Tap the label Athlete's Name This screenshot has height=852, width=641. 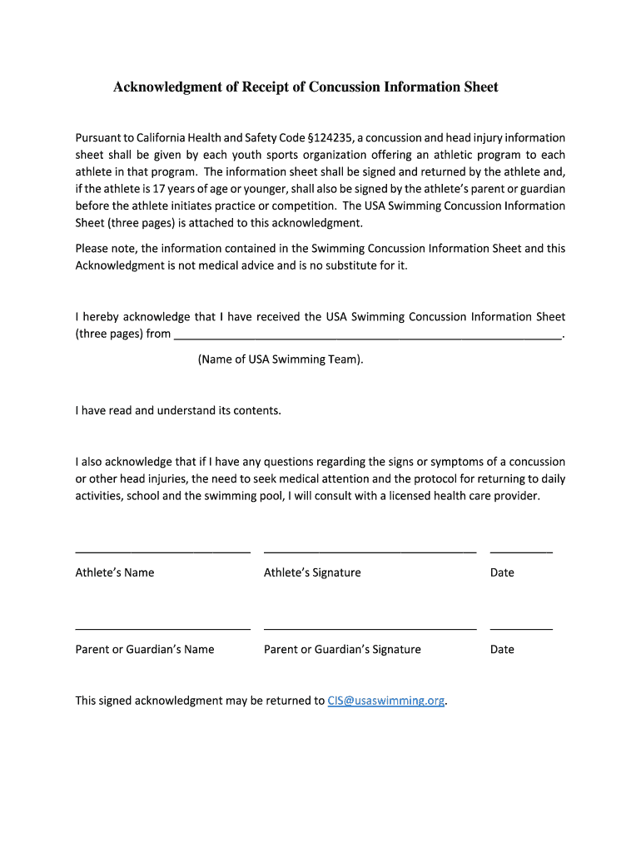pyautogui.click(x=115, y=572)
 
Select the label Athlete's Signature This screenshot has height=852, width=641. pyautogui.click(x=312, y=572)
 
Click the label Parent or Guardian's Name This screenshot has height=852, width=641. pyautogui.click(x=145, y=649)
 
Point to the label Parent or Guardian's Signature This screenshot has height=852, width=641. pyautogui.click(x=342, y=649)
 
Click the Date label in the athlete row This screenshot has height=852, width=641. pyautogui.click(x=502, y=572)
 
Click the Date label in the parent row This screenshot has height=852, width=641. pyautogui.click(x=502, y=649)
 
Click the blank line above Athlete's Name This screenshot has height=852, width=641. pyautogui.click(x=162, y=551)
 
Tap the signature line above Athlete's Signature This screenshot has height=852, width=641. pyautogui.click(x=370, y=551)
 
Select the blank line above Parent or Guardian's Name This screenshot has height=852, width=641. pyautogui.click(x=162, y=628)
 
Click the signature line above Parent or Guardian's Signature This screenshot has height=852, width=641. pyautogui.click(x=370, y=628)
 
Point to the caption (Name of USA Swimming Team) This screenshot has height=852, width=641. pyautogui.click(x=281, y=359)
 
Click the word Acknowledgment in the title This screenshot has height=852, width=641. pyautogui.click(x=166, y=87)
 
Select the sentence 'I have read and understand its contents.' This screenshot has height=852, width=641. pyautogui.click(x=178, y=410)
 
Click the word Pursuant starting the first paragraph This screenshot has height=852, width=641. pyautogui.click(x=98, y=138)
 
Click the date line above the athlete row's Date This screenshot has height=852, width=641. pyautogui.click(x=521, y=551)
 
